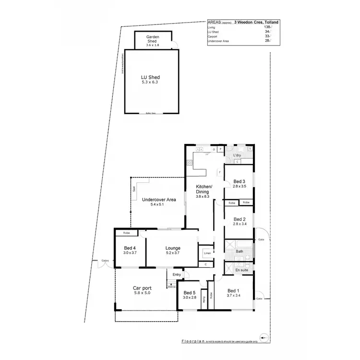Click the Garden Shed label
pyautogui.click(x=152, y=39)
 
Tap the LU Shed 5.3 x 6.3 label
pyautogui.click(x=150, y=80)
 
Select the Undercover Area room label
pyautogui.click(x=159, y=202)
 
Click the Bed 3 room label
pyautogui.click(x=239, y=183)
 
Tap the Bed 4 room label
pyautogui.click(x=130, y=250)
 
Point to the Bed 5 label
pyautogui.click(x=190, y=295)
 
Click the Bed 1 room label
pyautogui.click(x=234, y=293)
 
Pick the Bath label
pyautogui.click(x=240, y=251)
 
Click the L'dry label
pyautogui.click(x=237, y=156)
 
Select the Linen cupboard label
pyautogui.click(x=207, y=252)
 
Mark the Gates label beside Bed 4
pyautogui.click(x=105, y=261)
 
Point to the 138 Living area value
pyautogui.click(x=261, y=27)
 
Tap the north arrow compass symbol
pyautogui.click(x=263, y=336)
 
